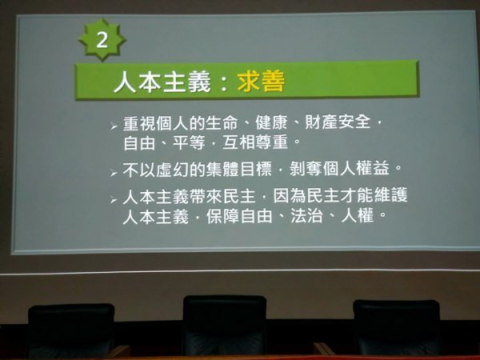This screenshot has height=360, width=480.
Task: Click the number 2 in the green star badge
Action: point(102,40)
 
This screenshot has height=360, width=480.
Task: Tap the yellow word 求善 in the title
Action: point(261,82)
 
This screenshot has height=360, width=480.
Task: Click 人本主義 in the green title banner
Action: point(162,82)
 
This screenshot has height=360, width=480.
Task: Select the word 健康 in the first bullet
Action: point(271,122)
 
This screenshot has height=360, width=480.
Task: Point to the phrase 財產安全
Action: point(338,122)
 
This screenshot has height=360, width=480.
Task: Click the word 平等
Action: point(189,142)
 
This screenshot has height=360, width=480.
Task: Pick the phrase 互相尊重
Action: point(255,142)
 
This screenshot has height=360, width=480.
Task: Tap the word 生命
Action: point(222,122)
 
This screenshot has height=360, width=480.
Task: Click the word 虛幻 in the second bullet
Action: point(172,170)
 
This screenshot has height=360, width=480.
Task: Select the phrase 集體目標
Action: point(238,170)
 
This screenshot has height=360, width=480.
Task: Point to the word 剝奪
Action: point(306,169)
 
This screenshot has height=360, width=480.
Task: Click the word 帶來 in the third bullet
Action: point(206,196)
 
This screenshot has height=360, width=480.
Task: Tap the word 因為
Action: point(289,196)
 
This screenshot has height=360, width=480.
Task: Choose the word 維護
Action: point(391,196)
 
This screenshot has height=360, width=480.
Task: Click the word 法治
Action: point(306,216)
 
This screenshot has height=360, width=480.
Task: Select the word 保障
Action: point(222,217)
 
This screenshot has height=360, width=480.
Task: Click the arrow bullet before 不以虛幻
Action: point(114,173)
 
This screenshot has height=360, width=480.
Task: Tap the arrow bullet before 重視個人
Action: point(114,126)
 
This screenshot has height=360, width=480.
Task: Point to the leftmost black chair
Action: point(71,330)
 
